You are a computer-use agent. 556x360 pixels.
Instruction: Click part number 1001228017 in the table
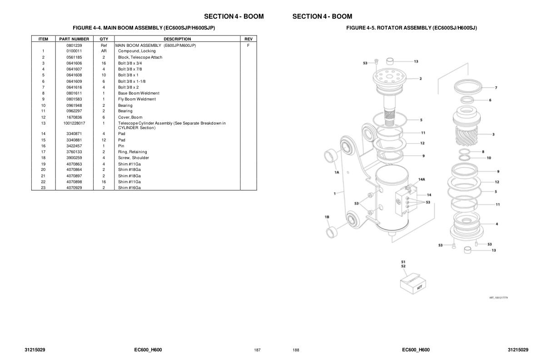tap(74, 123)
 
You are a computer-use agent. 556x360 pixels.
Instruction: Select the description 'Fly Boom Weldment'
tap(137, 99)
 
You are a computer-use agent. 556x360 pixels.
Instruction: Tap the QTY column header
tap(104, 39)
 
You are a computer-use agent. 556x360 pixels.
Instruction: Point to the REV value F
tap(248, 45)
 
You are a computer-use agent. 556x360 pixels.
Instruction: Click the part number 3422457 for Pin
tap(74, 146)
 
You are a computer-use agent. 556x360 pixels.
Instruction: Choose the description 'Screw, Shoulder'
tap(134, 158)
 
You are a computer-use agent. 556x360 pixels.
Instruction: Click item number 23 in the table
tap(43, 188)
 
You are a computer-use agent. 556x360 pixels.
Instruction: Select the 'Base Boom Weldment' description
tap(139, 93)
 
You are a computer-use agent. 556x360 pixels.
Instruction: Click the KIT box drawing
tap(413, 284)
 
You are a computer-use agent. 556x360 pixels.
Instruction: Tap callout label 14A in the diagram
tap(422, 180)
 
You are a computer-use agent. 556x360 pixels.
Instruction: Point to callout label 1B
tap(327, 217)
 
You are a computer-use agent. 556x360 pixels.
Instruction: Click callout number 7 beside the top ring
tap(496, 88)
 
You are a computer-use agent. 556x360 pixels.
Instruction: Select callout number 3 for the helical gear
tap(493, 135)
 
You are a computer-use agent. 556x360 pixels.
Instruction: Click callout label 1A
tap(337, 172)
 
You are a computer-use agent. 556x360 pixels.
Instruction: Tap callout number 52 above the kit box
tap(403, 266)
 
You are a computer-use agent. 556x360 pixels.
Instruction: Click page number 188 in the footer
tap(296, 350)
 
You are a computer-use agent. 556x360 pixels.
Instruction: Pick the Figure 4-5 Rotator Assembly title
tap(412, 28)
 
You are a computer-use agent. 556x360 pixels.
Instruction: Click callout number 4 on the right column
tap(496, 224)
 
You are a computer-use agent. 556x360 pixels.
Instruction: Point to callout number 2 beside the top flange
tap(421, 79)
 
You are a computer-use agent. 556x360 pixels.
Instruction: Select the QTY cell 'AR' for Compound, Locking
tap(104, 51)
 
